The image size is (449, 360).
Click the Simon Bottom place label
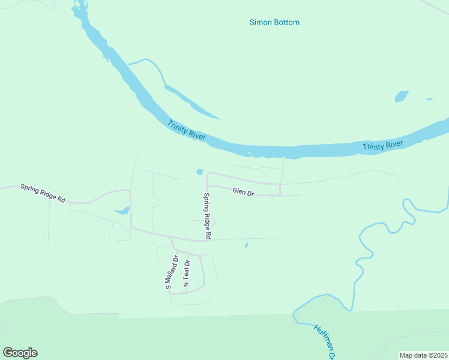coord(274,23)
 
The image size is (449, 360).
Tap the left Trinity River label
coord(187,130)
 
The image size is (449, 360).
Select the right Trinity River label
coord(382,145)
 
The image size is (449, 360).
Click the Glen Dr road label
coord(243,193)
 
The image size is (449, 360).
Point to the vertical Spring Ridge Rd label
coord(206,216)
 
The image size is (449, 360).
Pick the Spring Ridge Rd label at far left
coord(43,193)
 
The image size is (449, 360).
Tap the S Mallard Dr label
coord(172,273)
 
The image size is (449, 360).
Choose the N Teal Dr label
coord(187,273)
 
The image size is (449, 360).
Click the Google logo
coord(20,353)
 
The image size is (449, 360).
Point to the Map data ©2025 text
coord(423,355)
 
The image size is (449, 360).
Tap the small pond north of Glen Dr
coord(199,172)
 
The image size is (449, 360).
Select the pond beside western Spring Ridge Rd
coord(122,211)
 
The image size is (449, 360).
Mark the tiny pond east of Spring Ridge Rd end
coord(246,245)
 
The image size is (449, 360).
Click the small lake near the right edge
coord(402,96)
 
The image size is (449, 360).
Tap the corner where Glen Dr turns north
coord(280,195)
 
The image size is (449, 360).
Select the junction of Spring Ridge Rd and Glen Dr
coord(207,186)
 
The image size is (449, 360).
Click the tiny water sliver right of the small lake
coord(429,99)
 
